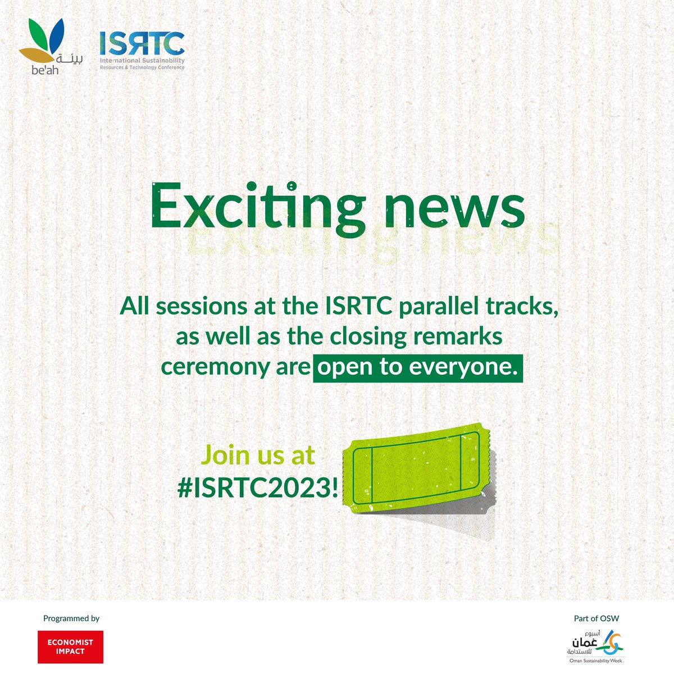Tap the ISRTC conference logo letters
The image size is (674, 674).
(142, 44)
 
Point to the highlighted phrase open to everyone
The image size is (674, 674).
(418, 367)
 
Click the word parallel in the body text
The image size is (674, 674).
(434, 307)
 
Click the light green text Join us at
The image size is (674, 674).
(258, 456)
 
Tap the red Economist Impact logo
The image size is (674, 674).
(70, 646)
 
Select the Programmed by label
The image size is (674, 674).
(71, 618)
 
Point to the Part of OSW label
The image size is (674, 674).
(596, 618)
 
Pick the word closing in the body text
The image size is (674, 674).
(366, 338)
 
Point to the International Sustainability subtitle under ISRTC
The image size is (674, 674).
(142, 61)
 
